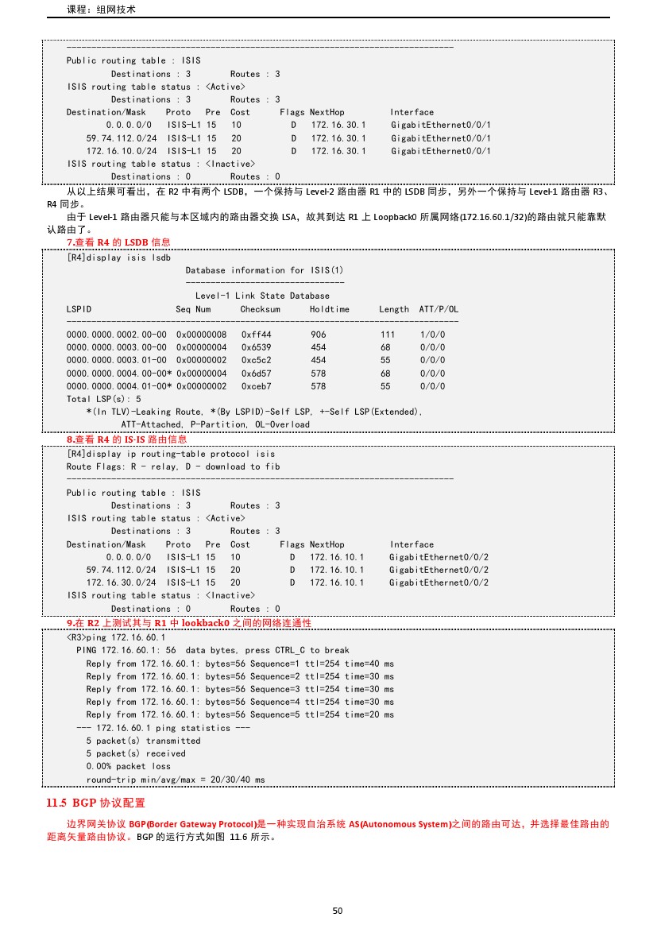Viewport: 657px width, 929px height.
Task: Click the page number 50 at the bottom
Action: point(338,910)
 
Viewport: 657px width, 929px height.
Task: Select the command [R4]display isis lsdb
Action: point(118,257)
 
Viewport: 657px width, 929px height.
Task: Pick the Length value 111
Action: point(388,335)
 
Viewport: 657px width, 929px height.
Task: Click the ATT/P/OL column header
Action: point(439,309)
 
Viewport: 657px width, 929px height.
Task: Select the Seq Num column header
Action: point(193,309)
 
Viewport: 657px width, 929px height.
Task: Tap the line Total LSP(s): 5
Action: point(104,398)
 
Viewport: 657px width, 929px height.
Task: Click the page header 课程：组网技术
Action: point(102,10)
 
